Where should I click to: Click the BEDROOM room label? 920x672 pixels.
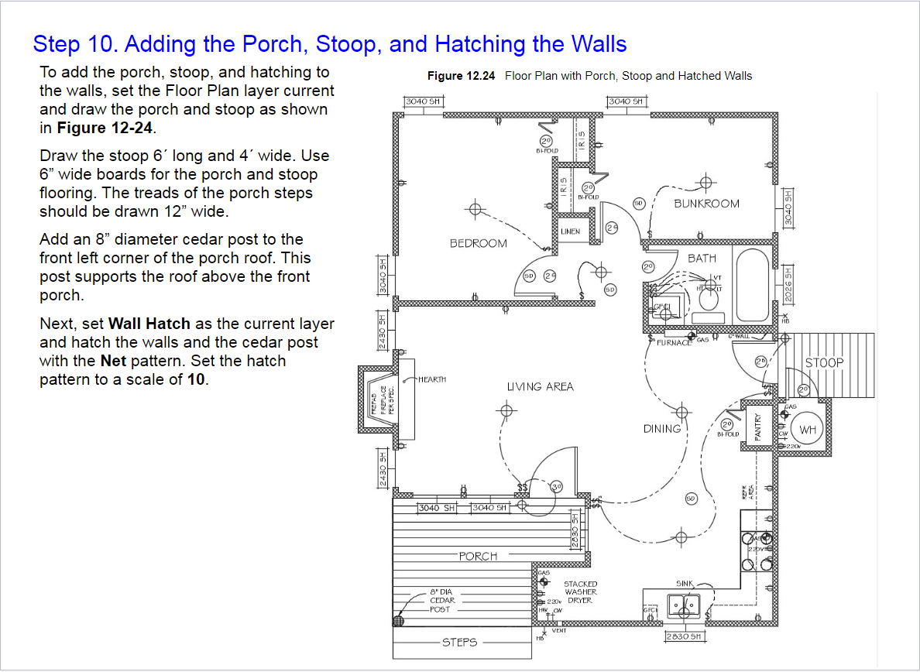click(x=479, y=243)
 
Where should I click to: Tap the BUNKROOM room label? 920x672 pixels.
click(x=706, y=204)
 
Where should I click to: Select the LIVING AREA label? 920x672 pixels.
click(x=541, y=386)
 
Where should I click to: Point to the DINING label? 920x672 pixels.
click(x=662, y=428)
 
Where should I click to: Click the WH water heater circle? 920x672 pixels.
click(x=808, y=430)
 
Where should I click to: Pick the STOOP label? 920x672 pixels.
click(x=824, y=362)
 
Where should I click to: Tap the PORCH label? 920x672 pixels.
click(x=478, y=556)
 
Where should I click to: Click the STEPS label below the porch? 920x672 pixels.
click(x=459, y=642)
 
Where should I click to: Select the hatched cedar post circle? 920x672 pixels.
click(x=400, y=620)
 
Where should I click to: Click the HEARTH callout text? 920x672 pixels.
click(x=432, y=379)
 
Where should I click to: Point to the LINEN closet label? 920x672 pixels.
click(x=570, y=231)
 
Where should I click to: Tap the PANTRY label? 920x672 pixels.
click(x=758, y=427)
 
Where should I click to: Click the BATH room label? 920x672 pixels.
click(x=702, y=258)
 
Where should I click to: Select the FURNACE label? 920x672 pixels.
click(x=674, y=342)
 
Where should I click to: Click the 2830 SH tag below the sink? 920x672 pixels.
click(x=684, y=636)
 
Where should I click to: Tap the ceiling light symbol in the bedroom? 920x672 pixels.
click(x=475, y=209)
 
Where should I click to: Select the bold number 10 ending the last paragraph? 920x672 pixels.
click(x=197, y=380)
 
